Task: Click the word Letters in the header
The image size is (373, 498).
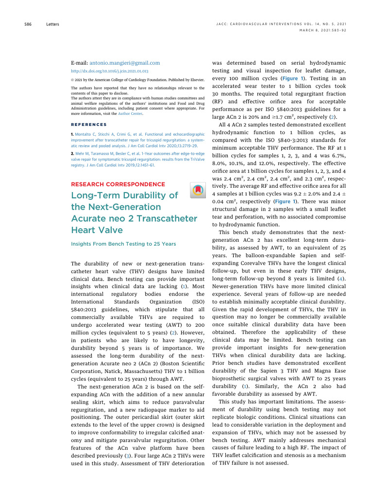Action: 53,23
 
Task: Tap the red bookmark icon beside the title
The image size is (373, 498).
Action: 198,190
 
